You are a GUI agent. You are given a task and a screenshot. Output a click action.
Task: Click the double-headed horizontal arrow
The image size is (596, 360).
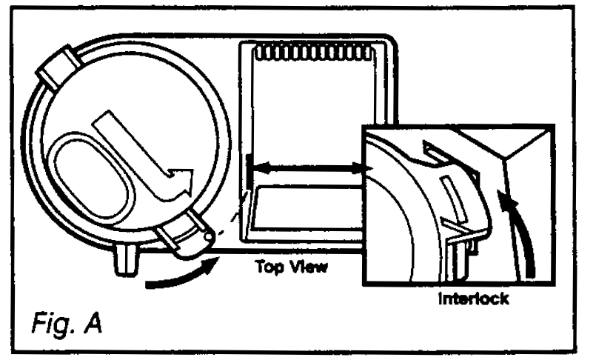pos(307,170)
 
